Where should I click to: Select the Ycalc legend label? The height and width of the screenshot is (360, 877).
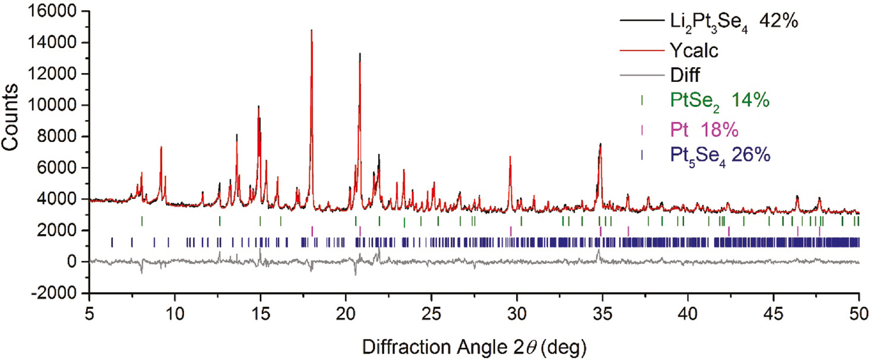click(693, 51)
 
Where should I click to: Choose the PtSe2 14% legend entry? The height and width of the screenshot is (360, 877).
click(719, 100)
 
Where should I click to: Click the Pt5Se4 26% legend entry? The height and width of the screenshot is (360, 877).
click(720, 154)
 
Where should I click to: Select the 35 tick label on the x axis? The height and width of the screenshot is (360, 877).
click(603, 313)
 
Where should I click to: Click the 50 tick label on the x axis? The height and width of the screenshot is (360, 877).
click(859, 313)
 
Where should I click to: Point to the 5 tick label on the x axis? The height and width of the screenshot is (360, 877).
click(90, 313)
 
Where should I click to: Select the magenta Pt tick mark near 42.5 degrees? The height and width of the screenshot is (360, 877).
click(729, 230)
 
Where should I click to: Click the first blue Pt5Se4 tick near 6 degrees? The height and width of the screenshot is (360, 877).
click(112, 242)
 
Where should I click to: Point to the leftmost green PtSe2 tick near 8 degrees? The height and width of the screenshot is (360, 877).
click(142, 221)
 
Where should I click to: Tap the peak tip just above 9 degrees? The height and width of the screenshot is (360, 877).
click(161, 147)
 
